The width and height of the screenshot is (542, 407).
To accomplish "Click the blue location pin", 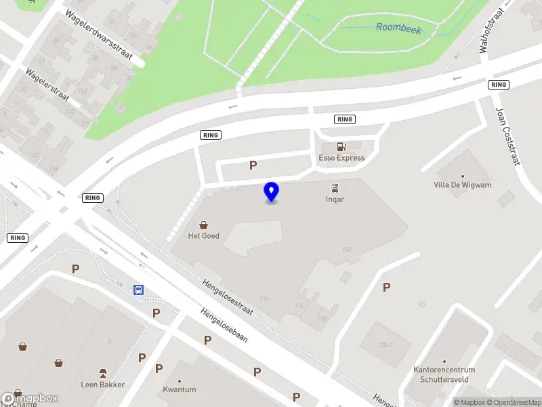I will tap(272, 191).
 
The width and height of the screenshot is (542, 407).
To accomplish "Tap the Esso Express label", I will tap(341, 158).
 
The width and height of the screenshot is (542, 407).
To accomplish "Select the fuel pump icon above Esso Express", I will tap(342, 147).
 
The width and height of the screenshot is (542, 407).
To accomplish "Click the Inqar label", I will tap(335, 199).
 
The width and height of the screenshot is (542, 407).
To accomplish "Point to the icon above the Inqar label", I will tap(335, 188).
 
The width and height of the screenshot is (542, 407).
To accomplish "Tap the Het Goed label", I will tap(203, 236).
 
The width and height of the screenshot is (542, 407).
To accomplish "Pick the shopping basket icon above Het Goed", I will tap(203, 225).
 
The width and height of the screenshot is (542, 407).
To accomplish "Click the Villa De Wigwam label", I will tap(463, 185).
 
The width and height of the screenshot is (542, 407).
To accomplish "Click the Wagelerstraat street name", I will tap(47, 85).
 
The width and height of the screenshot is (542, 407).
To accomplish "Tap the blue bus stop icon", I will tap(138, 290).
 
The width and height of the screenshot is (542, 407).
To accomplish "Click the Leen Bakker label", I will tap(103, 385).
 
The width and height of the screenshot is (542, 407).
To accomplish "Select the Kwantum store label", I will tap(180, 389).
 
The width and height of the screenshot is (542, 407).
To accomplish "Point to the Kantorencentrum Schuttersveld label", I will tap(444, 374).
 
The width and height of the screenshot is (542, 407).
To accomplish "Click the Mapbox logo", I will tap(30, 398).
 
